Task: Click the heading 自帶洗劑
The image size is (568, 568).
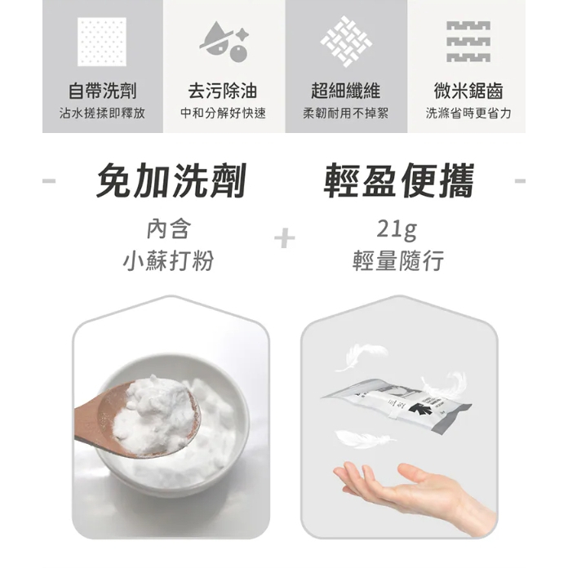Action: click(102, 91)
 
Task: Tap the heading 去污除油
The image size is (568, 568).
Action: click(224, 91)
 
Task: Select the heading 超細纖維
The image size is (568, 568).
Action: click(346, 91)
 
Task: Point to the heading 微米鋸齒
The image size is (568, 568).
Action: click(468, 91)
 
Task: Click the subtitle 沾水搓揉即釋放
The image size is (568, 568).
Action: click(102, 113)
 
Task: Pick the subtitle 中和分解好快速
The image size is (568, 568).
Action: click(224, 113)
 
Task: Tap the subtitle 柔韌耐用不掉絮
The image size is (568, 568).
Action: click(346, 113)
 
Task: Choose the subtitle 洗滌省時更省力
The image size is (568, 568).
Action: click(468, 113)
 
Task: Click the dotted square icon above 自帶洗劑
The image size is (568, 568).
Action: click(101, 41)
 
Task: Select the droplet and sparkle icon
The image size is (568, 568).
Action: click(224, 41)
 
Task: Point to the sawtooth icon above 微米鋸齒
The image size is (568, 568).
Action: click(468, 41)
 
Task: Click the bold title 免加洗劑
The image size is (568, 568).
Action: click(171, 180)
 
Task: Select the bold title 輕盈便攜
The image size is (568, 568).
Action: click(398, 180)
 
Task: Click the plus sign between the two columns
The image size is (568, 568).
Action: click(284, 238)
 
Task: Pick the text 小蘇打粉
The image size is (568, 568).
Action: click(171, 261)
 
